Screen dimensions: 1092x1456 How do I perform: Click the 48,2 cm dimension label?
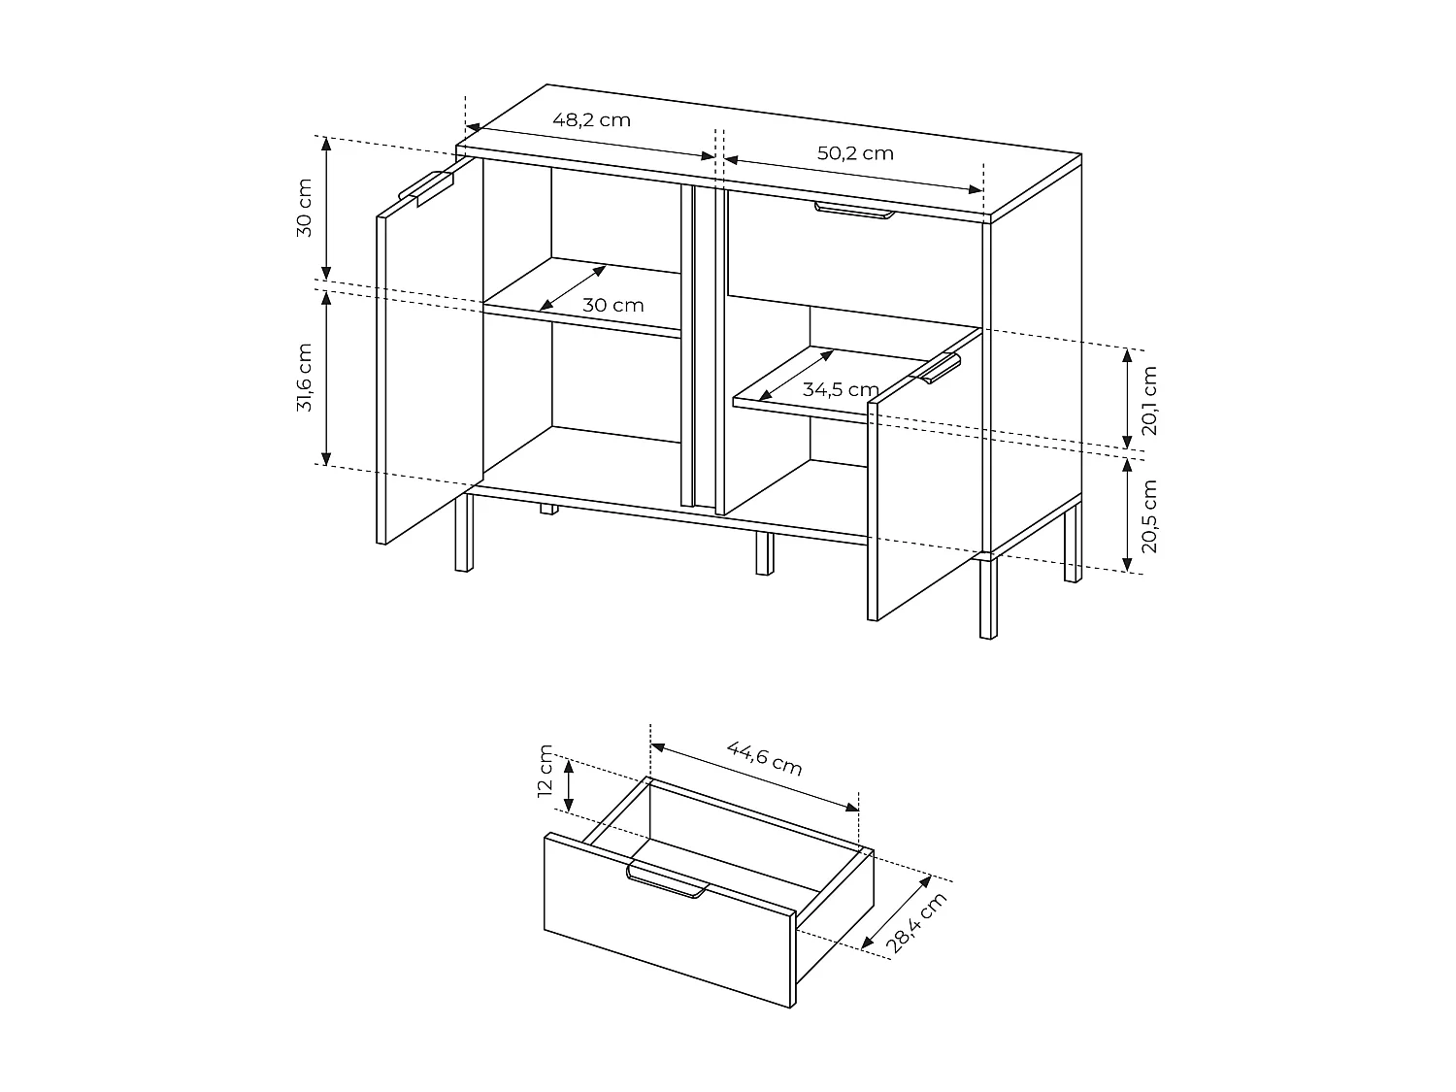[591, 120]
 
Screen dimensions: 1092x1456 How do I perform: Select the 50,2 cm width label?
[854, 153]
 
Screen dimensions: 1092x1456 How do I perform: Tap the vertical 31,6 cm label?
[305, 378]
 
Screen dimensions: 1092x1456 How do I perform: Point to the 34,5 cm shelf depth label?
[840, 389]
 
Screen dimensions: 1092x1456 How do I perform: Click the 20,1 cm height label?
[1149, 399]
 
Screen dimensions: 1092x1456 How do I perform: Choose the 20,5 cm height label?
[1149, 515]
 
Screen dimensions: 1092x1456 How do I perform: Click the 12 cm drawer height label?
[546, 771]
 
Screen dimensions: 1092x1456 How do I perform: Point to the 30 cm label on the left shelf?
[612, 305]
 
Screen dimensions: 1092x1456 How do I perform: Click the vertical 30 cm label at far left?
[305, 208]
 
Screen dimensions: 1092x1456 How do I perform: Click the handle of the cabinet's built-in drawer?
[854, 211]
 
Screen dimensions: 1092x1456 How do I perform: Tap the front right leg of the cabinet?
[987, 599]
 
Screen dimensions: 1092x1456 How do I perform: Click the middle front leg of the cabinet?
[764, 553]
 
